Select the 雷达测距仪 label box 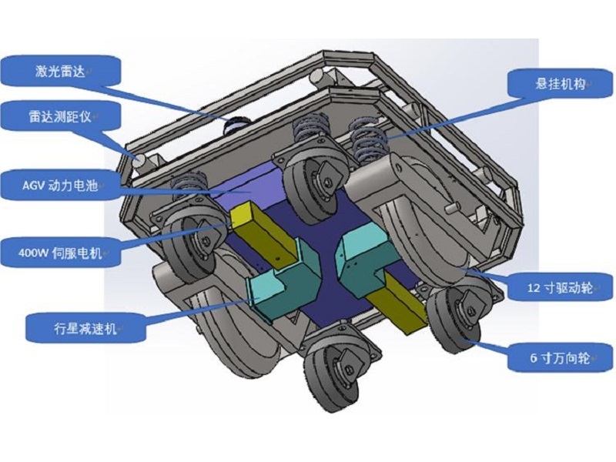click(x=62, y=117)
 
